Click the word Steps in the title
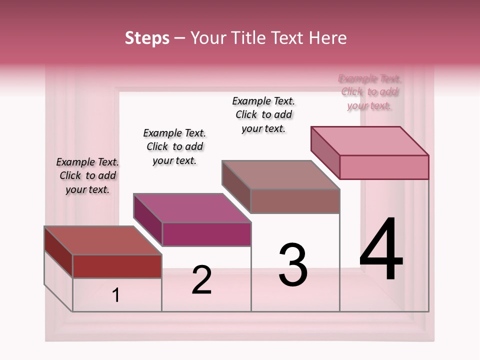coord(147,38)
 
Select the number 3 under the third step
coord(292,265)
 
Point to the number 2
coord(201,280)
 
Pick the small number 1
coord(116,295)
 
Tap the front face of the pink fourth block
coord(384,167)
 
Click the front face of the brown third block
coord(295,201)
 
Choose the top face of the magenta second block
coord(192,207)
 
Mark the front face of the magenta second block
coord(206,234)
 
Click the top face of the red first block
coord(103,240)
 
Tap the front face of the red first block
coord(117,266)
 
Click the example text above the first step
coord(87,175)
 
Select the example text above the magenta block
coord(174,146)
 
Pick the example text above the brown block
coord(263,114)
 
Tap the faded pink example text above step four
coord(370,92)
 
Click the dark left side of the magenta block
coord(148,219)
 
